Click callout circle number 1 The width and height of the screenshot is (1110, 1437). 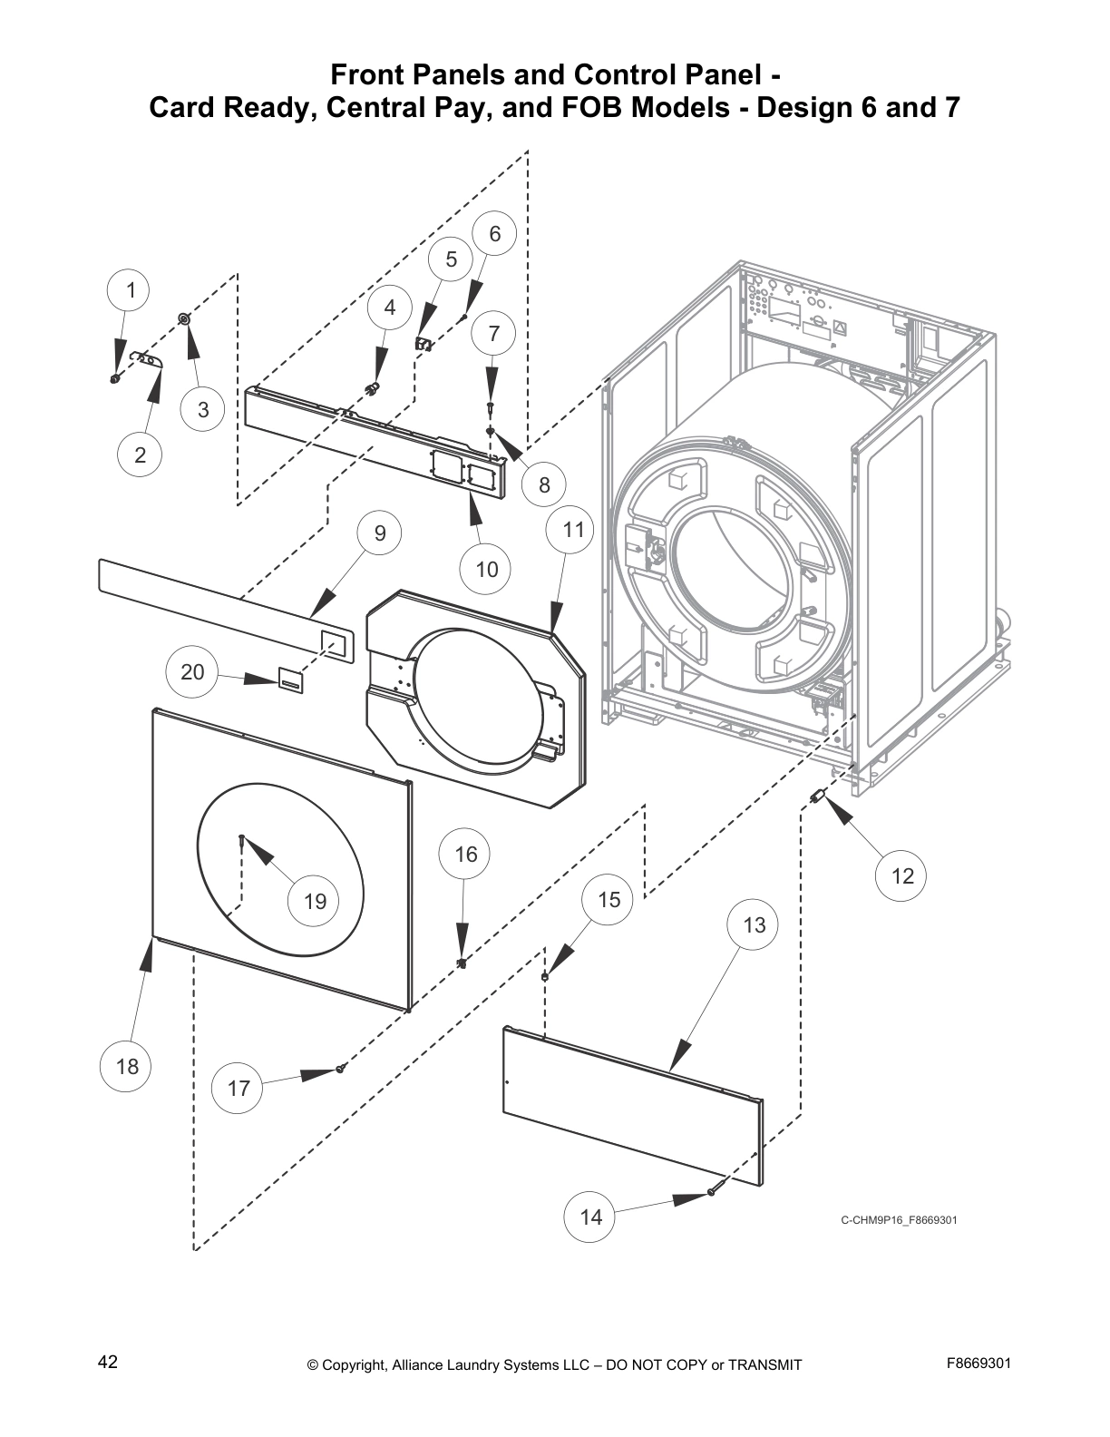pyautogui.click(x=131, y=290)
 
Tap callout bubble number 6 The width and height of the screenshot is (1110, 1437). pyautogui.click(x=495, y=233)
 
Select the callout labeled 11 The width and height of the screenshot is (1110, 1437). pyautogui.click(x=573, y=529)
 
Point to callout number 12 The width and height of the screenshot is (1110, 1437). pyautogui.click(x=902, y=875)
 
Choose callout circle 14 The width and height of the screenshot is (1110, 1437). pyautogui.click(x=590, y=1217)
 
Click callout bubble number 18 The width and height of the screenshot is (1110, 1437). pyautogui.click(x=127, y=1066)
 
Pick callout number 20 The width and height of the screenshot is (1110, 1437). pyautogui.click(x=192, y=672)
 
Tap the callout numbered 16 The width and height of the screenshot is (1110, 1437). pyautogui.click(x=465, y=854)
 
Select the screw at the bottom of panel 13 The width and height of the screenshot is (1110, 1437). pyautogui.click(x=712, y=1192)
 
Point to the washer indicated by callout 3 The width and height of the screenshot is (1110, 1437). pyautogui.click(x=184, y=318)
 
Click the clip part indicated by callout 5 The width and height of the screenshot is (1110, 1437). pyautogui.click(x=422, y=343)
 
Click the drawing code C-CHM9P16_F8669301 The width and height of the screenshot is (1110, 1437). pyautogui.click(x=898, y=1220)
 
